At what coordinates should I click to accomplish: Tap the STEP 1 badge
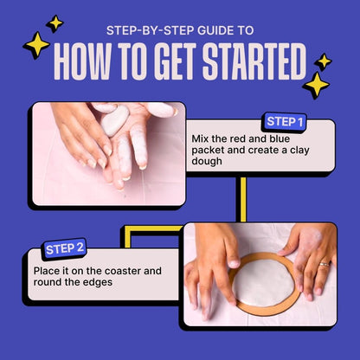[285, 121]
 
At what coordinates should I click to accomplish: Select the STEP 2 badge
[64, 248]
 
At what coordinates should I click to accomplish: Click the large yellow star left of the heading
[35, 45]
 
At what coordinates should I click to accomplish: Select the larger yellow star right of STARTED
[316, 84]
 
